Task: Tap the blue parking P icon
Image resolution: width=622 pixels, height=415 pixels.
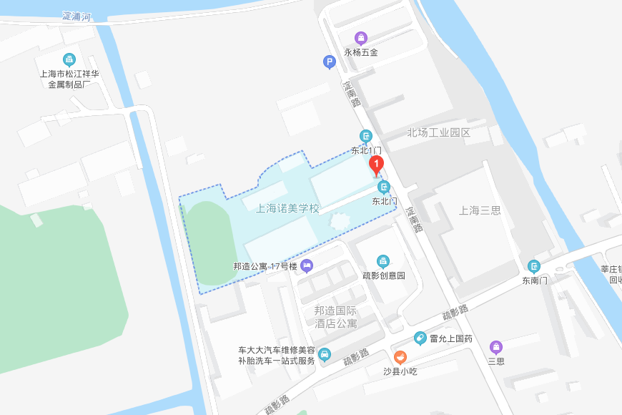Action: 329,62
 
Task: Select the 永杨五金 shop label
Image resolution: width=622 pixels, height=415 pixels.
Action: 361,52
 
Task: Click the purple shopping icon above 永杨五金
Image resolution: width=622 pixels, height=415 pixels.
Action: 361,38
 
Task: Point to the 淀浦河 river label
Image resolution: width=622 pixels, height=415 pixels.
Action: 76,16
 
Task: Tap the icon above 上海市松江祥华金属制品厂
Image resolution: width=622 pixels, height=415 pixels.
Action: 69,59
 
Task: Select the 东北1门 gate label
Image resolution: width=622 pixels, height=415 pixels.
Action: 365,150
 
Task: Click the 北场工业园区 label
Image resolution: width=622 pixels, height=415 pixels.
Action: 439,132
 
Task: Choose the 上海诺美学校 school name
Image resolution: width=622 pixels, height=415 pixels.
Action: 287,208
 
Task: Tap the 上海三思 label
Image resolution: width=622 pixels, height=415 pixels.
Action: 480,210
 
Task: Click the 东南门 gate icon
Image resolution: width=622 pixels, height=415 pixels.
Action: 534,266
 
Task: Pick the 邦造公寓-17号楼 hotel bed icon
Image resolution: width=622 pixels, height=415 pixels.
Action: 307,266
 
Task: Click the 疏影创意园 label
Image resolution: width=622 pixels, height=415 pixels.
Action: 384,275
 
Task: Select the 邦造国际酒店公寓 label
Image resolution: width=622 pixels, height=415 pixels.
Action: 335,317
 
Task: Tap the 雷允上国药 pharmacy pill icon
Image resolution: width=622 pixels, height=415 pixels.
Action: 420,338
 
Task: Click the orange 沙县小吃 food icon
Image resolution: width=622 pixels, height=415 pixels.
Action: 400,357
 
